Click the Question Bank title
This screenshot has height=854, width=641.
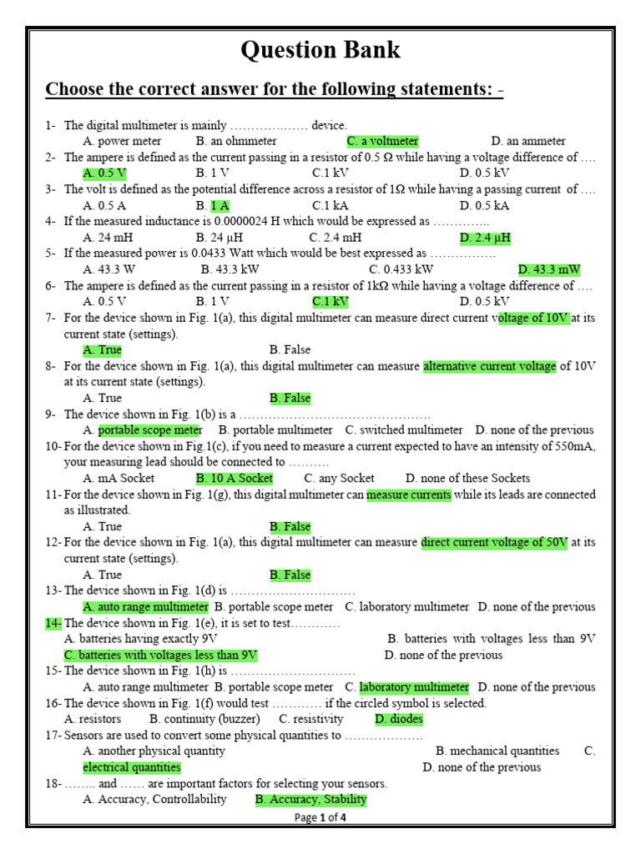point(320,50)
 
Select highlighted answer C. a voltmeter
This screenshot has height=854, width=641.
point(382,141)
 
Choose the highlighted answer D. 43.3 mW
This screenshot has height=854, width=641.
point(548,269)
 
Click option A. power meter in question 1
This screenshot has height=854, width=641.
point(123,141)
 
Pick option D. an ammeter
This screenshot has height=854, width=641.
point(528,141)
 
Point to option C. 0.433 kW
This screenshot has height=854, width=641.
point(401,269)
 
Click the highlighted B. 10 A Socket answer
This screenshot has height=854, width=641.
point(235,478)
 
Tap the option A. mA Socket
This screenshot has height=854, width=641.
point(119,478)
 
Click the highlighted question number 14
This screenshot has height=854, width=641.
point(53,623)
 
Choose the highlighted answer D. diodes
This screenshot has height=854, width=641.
point(398,719)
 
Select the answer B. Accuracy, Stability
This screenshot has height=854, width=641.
point(310,799)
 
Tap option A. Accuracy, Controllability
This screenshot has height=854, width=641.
point(154,799)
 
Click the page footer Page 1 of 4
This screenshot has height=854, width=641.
point(320,817)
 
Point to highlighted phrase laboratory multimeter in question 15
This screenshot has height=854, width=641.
point(414,687)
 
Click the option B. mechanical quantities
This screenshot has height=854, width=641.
point(497,751)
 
